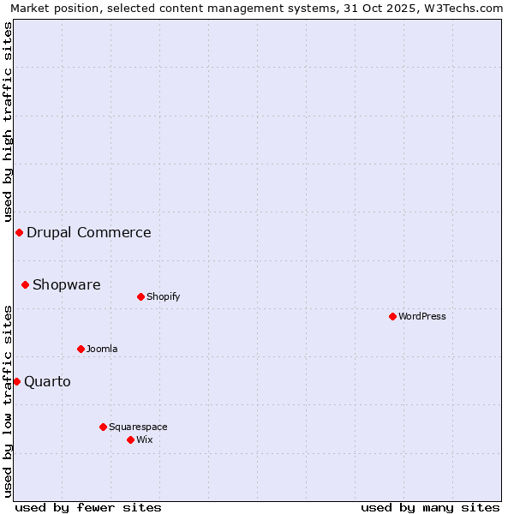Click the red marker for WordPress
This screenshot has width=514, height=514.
coord(392,316)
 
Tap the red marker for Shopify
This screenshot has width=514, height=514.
coord(140,296)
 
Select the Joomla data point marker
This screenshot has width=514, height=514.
coord(81,349)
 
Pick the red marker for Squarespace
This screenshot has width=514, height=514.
coord(103,427)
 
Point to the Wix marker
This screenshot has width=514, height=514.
coord(130,439)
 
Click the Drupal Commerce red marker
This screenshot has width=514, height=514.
coord(19,232)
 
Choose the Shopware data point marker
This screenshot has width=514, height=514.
coord(25,284)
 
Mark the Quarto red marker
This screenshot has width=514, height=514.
coord(16,381)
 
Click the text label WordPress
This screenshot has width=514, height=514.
coord(422,316)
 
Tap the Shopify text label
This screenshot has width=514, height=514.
coord(163,296)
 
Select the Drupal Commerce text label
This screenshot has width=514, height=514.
coord(89,232)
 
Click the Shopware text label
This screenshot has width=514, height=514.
coord(67,284)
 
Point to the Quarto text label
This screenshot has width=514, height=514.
coord(47,381)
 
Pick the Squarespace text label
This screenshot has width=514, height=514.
coord(138,427)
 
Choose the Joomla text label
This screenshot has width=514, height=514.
coord(102,349)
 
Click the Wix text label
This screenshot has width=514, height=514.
coord(144,439)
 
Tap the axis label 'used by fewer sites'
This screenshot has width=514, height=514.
coord(88,507)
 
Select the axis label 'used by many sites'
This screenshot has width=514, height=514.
coord(430,507)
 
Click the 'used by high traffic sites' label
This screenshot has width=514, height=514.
coord(8,122)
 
